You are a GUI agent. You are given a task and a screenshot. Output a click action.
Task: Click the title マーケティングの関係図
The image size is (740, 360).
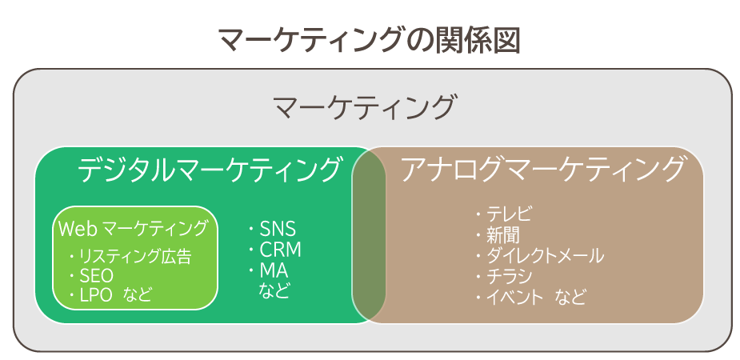(x=370, y=40)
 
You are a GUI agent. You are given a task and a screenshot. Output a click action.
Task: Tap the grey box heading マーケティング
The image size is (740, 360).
(x=365, y=107)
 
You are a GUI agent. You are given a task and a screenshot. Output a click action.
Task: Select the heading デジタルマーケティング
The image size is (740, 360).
(x=209, y=170)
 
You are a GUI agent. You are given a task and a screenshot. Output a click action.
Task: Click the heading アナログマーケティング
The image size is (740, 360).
(x=542, y=170)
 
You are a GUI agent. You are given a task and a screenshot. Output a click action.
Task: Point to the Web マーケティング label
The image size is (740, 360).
(x=133, y=228)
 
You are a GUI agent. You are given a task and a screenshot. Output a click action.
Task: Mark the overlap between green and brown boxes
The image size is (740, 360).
(x=369, y=234)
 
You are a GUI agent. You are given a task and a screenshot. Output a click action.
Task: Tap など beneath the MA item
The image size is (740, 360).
(x=274, y=290)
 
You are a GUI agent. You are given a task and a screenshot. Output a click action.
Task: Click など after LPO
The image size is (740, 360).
(x=138, y=295)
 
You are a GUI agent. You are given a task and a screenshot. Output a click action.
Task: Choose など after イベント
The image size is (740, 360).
(x=570, y=298)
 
